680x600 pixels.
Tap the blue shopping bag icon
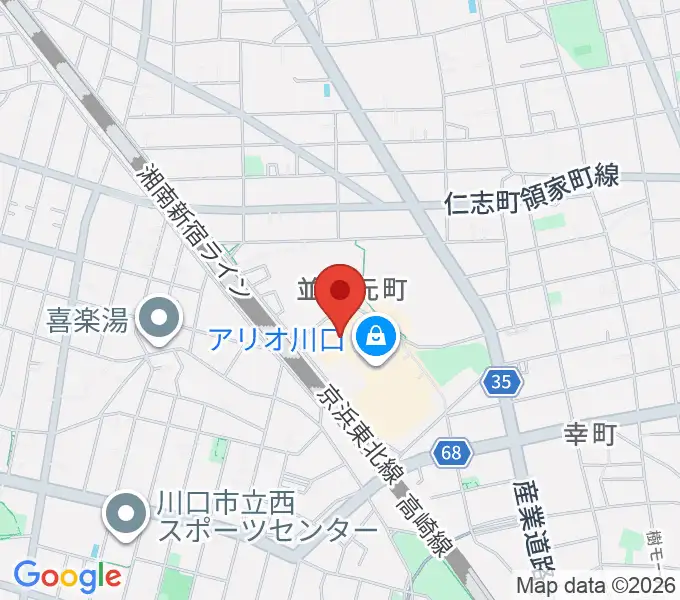pyautogui.click(x=375, y=337)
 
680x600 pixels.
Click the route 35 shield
pyautogui.click(x=502, y=380)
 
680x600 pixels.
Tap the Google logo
pyautogui.click(x=67, y=575)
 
